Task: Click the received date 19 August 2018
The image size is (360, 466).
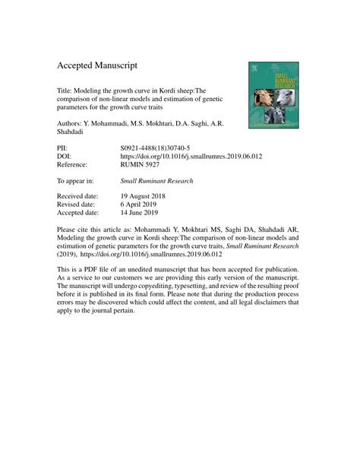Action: tap(154, 195)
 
